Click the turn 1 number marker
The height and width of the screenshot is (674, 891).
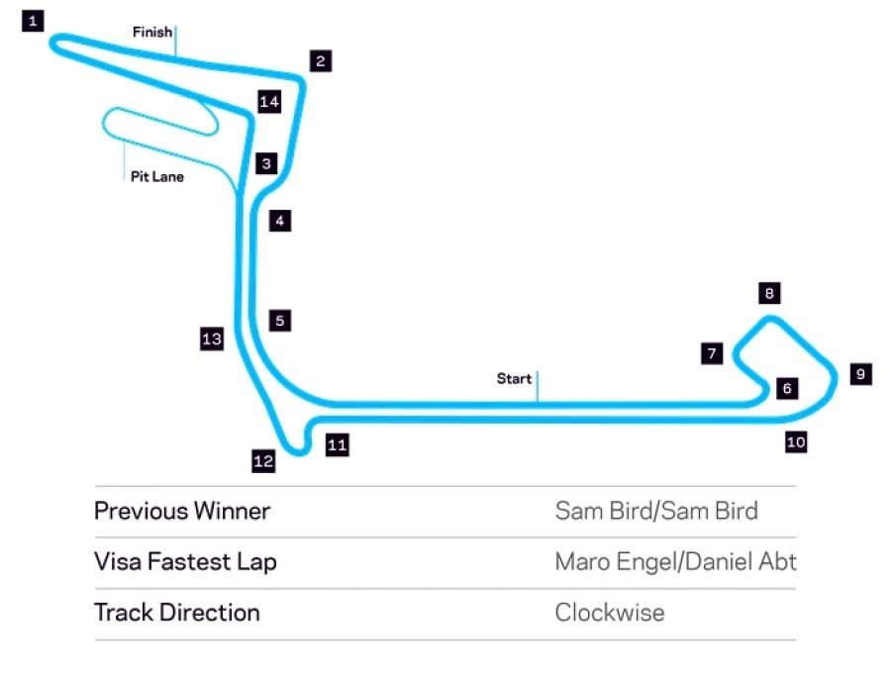34,20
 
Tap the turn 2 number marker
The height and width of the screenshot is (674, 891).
319,61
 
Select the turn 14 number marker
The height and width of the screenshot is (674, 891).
269,102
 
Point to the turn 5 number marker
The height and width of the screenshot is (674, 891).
280,321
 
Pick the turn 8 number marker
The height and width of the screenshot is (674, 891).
769,293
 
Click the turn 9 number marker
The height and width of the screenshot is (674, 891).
860,374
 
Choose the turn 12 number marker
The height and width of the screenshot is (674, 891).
263,460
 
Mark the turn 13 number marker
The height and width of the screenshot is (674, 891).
211,339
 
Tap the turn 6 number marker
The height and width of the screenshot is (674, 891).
787,388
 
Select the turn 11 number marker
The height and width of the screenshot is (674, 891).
337,445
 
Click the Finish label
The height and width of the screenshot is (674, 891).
152,33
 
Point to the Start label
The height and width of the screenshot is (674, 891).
514,378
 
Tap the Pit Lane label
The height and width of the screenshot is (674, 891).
157,177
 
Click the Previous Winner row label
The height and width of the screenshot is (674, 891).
182,512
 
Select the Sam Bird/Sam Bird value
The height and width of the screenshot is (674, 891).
656,512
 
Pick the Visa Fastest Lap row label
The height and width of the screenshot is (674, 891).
185,562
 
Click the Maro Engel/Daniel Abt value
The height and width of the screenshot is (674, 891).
675,562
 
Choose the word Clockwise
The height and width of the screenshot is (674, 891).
610,613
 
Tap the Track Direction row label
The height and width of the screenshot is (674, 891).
177,613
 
